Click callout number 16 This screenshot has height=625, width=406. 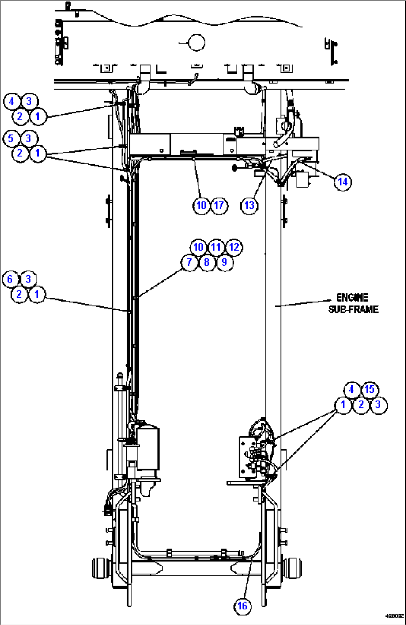click(x=242, y=606)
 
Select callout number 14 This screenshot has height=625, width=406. click(x=343, y=182)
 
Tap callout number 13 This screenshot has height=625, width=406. click(x=249, y=205)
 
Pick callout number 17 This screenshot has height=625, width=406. click(x=219, y=205)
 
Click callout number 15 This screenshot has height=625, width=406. click(x=369, y=390)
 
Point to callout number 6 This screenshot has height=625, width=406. click(x=10, y=279)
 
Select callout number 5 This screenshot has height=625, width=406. click(x=11, y=138)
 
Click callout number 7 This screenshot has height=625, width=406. click(x=189, y=262)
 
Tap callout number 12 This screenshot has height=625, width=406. click(x=234, y=247)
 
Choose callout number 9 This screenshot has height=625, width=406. click(x=224, y=262)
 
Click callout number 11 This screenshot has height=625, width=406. click(x=216, y=247)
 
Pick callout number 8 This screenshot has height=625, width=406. click(x=207, y=262)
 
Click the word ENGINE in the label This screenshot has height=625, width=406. click(x=352, y=297)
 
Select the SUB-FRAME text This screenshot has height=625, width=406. click(x=353, y=309)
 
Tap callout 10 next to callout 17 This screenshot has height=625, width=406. click(x=201, y=205)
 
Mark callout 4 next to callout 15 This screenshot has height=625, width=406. click(x=352, y=390)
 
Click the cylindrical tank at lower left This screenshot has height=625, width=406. click(x=148, y=448)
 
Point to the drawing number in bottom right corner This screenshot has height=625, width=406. click(x=394, y=616)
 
